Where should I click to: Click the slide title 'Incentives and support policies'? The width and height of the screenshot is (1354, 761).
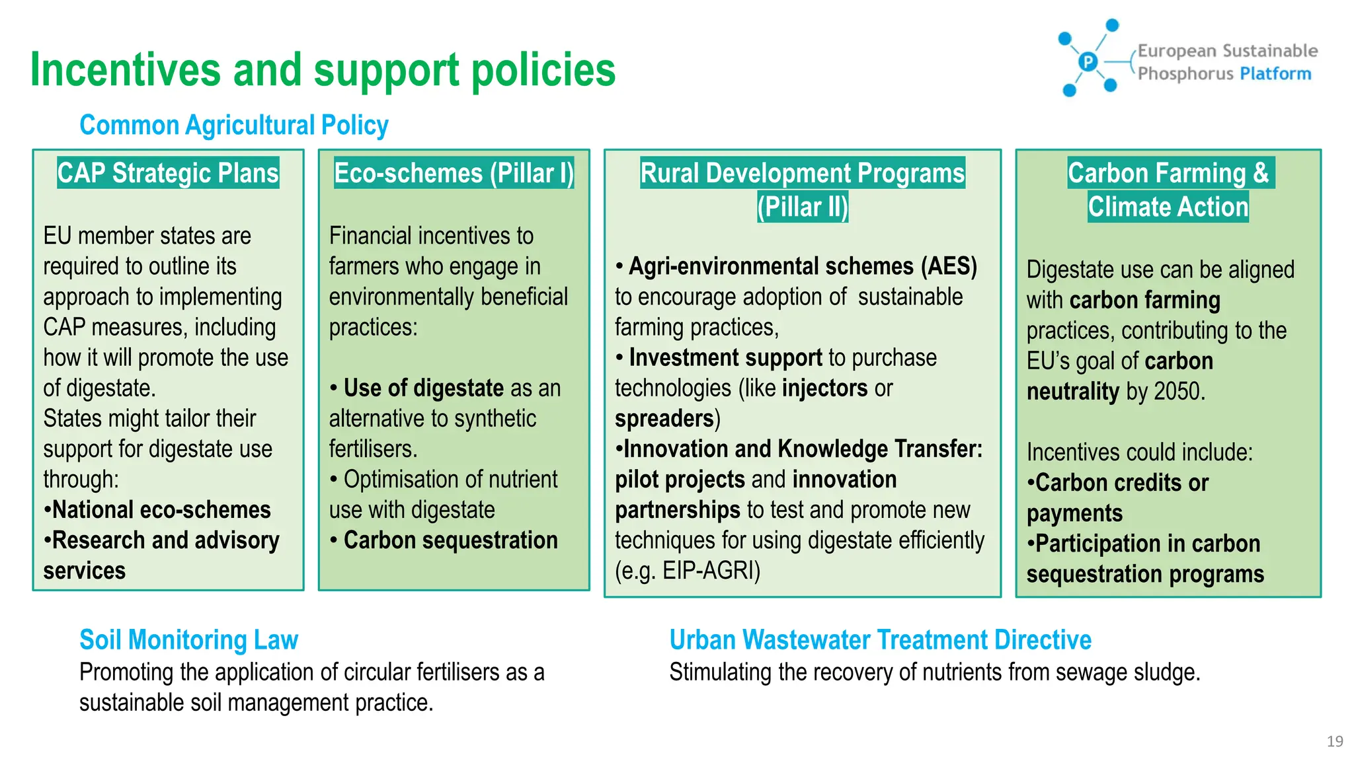pyautogui.click(x=323, y=70)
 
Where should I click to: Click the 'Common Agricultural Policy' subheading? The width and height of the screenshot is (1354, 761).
pyautogui.click(x=233, y=125)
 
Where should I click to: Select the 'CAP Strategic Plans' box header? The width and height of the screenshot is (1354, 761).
pyautogui.click(x=168, y=173)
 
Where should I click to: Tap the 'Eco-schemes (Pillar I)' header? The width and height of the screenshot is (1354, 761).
pyautogui.click(x=454, y=173)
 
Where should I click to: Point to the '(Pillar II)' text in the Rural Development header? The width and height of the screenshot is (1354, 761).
pyautogui.click(x=802, y=207)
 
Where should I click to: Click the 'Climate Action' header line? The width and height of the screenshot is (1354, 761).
pyautogui.click(x=1168, y=207)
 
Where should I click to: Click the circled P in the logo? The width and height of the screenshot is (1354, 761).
pyautogui.click(x=1088, y=62)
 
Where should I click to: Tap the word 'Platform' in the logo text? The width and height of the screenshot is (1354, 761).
pyautogui.click(x=1275, y=73)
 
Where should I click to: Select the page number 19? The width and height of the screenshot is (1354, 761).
pyautogui.click(x=1334, y=741)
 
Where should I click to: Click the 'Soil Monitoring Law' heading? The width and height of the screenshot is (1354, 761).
pyautogui.click(x=188, y=639)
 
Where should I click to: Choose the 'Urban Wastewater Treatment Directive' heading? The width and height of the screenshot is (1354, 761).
pyautogui.click(x=879, y=639)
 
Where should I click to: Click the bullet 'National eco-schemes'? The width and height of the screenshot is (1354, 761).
pyautogui.click(x=161, y=510)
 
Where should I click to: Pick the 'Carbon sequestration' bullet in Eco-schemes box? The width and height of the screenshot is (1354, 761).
pyautogui.click(x=450, y=540)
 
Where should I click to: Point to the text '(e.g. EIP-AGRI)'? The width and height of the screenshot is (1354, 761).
pyautogui.click(x=688, y=571)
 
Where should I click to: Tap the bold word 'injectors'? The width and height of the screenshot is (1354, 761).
pyautogui.click(x=824, y=388)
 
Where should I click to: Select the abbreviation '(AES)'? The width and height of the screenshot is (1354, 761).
pyautogui.click(x=948, y=266)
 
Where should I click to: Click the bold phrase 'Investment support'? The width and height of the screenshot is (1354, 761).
pyautogui.click(x=725, y=358)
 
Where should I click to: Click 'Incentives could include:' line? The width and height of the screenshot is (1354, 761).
pyautogui.click(x=1139, y=453)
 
